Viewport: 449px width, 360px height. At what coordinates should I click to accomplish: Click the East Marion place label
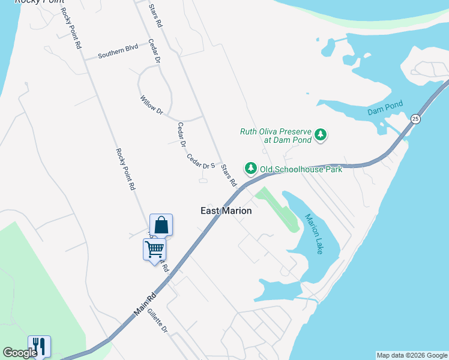[226, 211]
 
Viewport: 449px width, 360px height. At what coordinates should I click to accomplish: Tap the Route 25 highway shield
[415, 119]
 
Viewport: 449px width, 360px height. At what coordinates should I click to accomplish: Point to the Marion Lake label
[313, 234]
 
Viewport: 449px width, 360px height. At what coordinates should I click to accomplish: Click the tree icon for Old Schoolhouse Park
[250, 169]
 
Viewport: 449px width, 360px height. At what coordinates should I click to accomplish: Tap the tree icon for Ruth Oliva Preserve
[321, 135]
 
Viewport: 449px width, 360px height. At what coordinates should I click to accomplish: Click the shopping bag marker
[161, 225]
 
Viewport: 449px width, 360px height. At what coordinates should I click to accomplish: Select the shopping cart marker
[154, 248]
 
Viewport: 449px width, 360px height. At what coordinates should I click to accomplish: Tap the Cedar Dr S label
[200, 161]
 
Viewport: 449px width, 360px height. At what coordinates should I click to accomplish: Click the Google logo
[20, 353]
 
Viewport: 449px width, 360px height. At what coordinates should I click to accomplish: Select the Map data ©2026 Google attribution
[412, 355]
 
